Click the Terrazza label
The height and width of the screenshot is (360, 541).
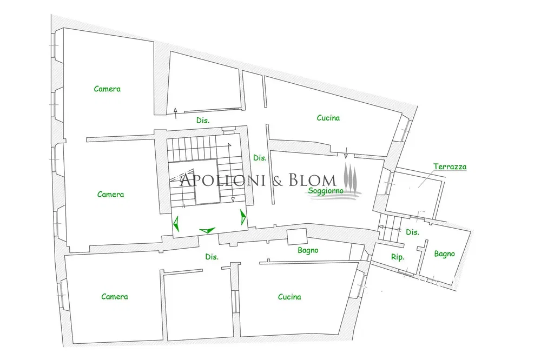(450, 166)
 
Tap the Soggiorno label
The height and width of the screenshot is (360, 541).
(326, 191)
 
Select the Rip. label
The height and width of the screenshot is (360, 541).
(398, 257)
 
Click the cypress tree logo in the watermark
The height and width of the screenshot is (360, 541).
(351, 176)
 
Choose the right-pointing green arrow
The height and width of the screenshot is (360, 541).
(243, 217)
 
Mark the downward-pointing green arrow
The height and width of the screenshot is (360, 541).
(207, 230)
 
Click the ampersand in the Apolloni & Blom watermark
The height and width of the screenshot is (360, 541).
(278, 181)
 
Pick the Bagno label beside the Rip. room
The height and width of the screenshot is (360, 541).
(444, 254)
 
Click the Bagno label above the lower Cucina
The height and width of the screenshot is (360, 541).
(308, 251)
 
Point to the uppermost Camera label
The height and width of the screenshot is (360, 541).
(107, 89)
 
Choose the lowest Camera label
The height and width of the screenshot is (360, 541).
(115, 297)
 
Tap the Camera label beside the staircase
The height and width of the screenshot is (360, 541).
(110, 195)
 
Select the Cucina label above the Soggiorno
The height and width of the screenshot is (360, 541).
(328, 118)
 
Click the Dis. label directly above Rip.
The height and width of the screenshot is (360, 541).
(412, 232)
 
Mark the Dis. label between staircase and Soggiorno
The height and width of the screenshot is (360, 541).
(260, 158)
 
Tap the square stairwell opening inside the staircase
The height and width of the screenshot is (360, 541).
(206, 182)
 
